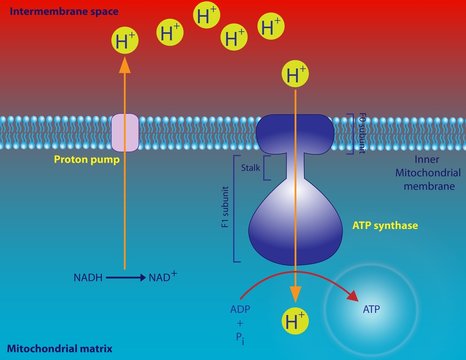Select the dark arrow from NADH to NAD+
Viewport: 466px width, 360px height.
pyautogui.click(x=123, y=276)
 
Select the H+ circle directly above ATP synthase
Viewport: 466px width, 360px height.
pyautogui.click(x=296, y=74)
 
